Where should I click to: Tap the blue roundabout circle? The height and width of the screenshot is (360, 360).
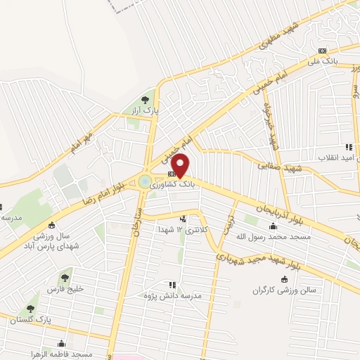(x=145, y=182)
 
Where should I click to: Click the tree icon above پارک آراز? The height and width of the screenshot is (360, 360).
(x=146, y=99)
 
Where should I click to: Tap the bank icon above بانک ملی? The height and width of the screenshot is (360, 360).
(x=323, y=50)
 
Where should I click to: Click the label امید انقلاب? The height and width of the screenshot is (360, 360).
(x=338, y=157)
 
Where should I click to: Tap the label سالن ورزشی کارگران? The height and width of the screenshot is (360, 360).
(x=285, y=290)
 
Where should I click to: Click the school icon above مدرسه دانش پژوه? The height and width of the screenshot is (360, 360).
(x=172, y=285)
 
